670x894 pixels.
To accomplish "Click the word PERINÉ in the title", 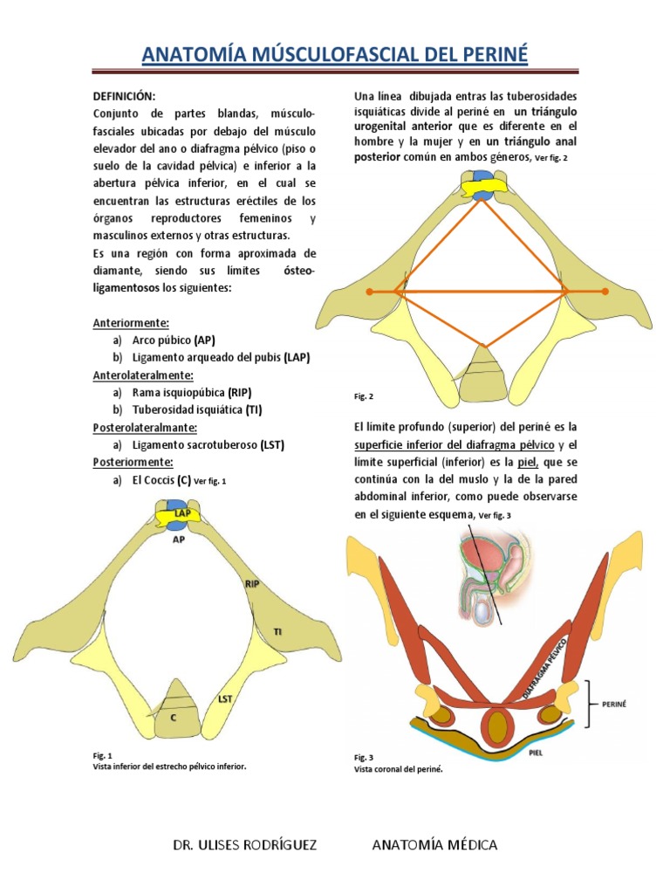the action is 488,56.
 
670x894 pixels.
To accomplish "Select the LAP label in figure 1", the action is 181,514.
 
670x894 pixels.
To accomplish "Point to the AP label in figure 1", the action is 179,540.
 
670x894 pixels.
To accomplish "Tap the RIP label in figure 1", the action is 253,583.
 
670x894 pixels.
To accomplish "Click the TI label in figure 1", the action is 278,630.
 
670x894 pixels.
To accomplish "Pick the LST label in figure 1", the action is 225,699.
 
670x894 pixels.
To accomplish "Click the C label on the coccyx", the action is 174,718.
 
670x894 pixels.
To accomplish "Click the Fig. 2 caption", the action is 364,396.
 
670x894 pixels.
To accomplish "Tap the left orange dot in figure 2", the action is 369,291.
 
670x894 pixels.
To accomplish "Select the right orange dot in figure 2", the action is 605,291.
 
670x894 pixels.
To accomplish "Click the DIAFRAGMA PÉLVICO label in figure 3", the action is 543,666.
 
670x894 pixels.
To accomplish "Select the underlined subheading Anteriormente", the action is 126,322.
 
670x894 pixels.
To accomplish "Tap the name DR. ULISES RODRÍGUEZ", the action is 244,845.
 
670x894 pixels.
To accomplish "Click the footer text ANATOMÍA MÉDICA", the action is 434,845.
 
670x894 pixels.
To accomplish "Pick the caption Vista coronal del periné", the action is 393,769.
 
